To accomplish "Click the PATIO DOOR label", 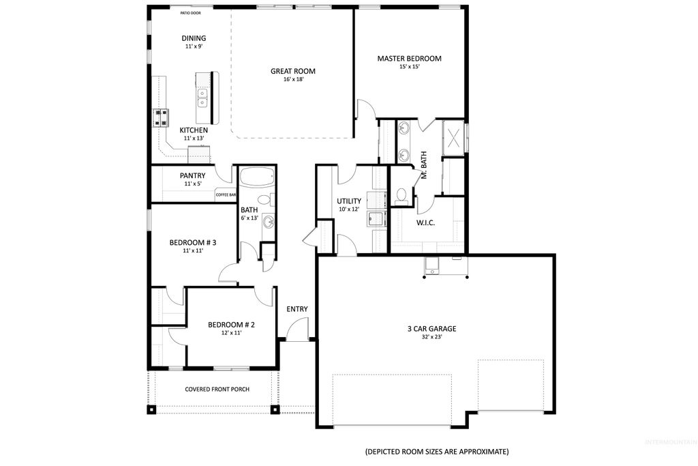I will tap(190, 13).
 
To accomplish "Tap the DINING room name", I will tap(194, 38).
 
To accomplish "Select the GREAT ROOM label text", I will tap(292, 71).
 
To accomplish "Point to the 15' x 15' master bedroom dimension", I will tap(409, 67).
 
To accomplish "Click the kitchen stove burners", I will tap(162, 118).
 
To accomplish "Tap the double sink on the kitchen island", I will tap(203, 98).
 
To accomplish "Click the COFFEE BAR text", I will tap(226, 195).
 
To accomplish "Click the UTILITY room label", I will tap(349, 201).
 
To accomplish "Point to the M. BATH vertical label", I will tap(423, 165).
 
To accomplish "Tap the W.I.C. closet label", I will tap(425, 223).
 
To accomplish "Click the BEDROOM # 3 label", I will tap(193, 242).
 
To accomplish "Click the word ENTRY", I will tap(297, 309).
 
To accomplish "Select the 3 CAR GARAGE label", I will tap(431, 329).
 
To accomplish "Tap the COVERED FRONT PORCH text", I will tap(217, 390).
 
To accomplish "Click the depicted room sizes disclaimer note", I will tap(436, 452).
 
